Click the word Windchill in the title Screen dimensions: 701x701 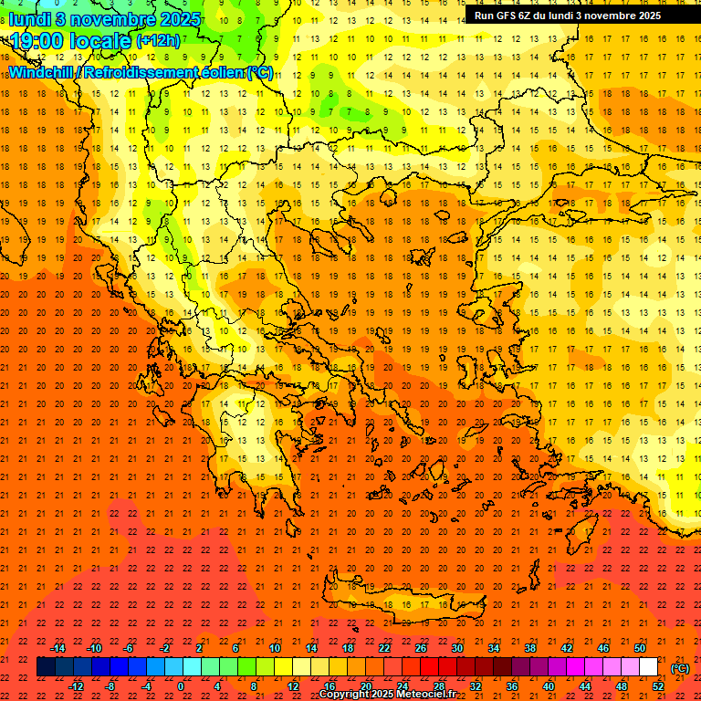pyautogui.click(x=41, y=72)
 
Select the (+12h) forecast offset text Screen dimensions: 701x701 pyautogui.click(x=158, y=41)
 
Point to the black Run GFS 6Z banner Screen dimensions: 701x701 pyautogui.click(x=568, y=16)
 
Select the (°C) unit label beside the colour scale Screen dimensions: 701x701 pyautogui.click(x=680, y=668)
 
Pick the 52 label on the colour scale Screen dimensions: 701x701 pyautogui.click(x=658, y=686)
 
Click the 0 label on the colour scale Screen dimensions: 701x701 pyautogui.click(x=181, y=686)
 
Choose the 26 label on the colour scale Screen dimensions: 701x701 pyautogui.click(x=421, y=648)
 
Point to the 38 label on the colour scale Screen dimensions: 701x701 pyautogui.click(x=530, y=648)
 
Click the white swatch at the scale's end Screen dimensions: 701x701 pyautogui.click(x=649, y=667)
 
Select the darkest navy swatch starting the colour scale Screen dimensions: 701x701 pyautogui.click(x=46, y=667)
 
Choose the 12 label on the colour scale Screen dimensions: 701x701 pyautogui.click(x=293, y=686)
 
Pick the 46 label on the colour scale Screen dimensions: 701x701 pyautogui.click(x=603, y=648)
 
